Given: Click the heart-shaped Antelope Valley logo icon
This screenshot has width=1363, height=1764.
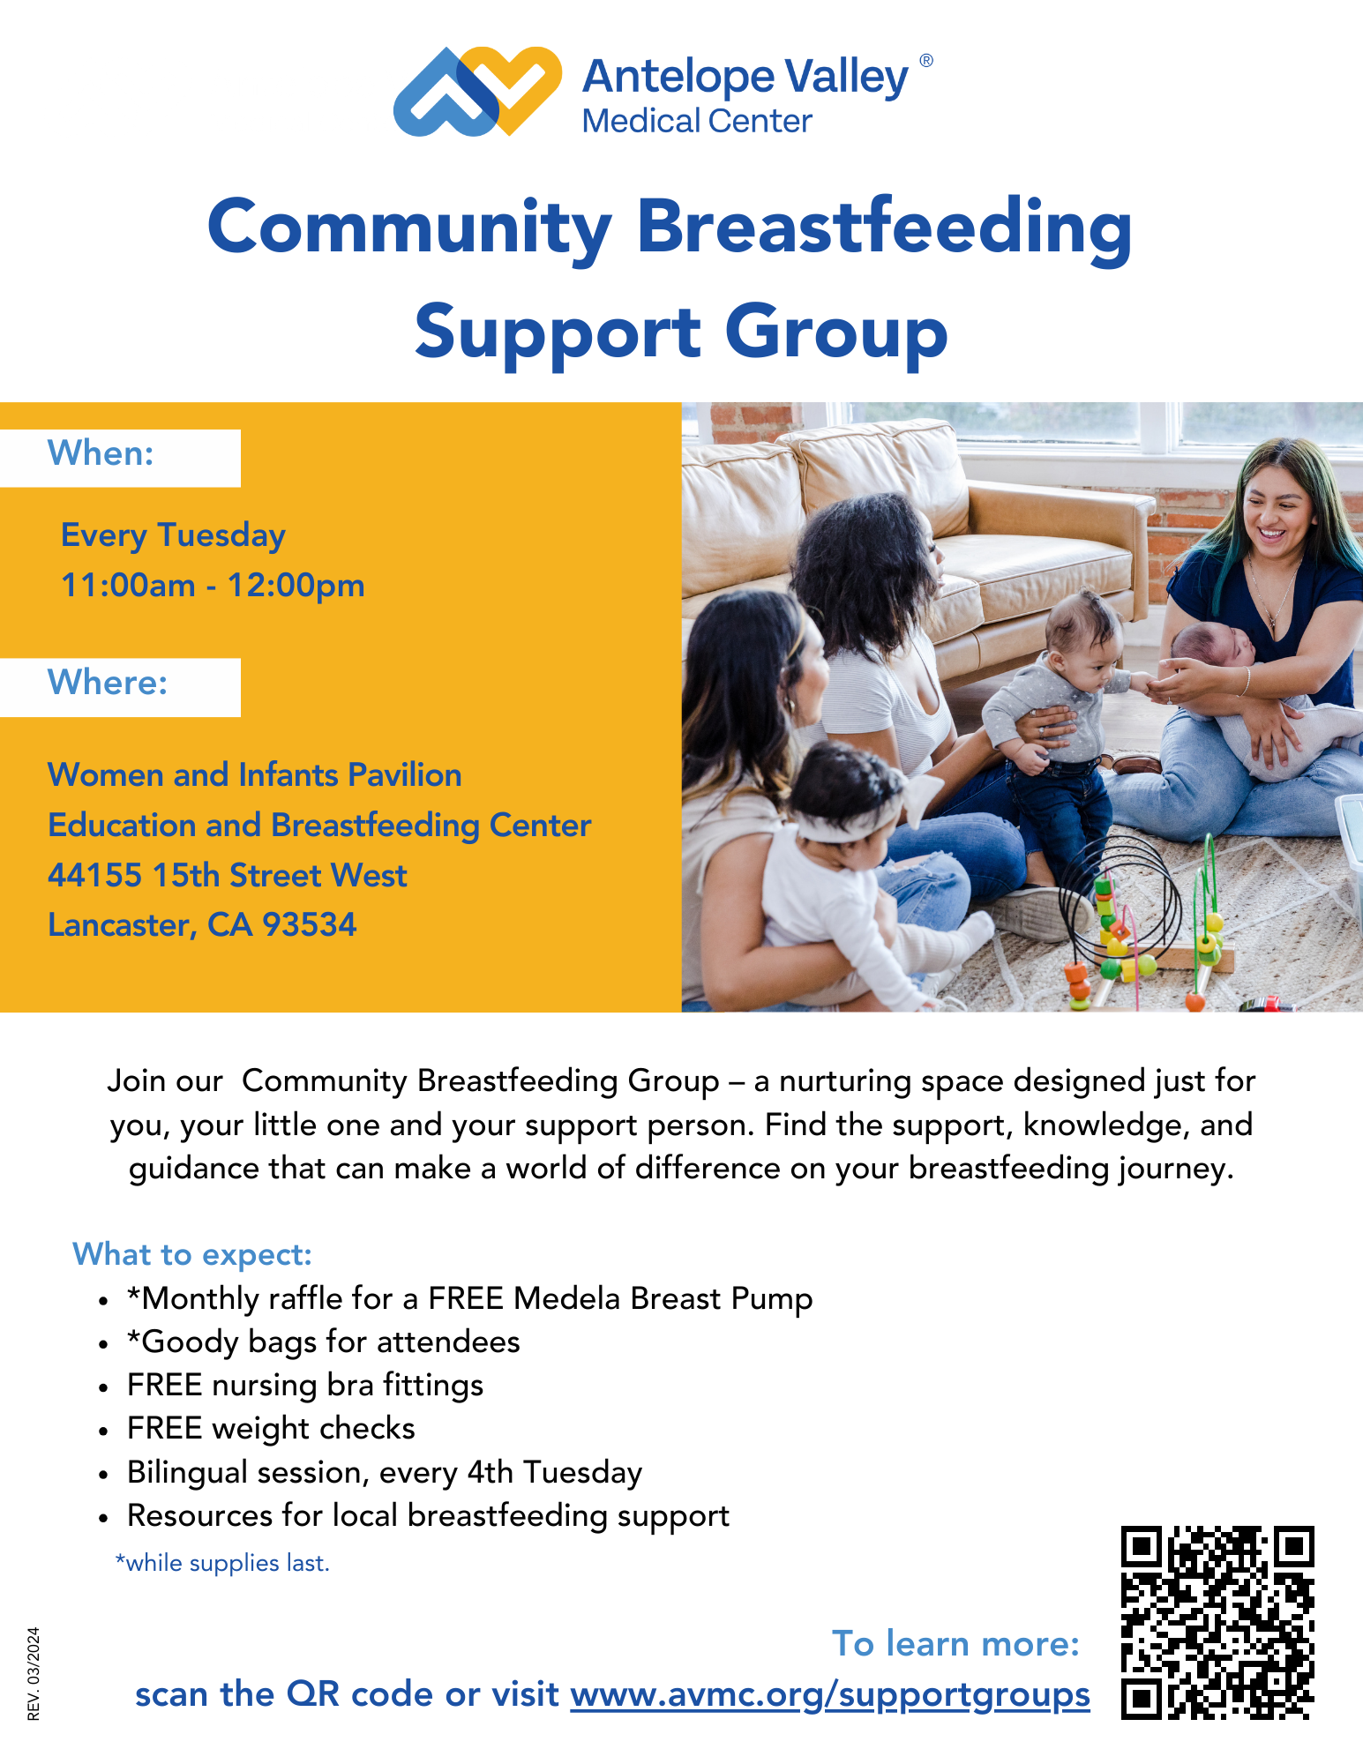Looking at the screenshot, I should tap(477, 91).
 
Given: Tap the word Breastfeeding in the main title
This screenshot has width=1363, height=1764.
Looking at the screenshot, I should tap(884, 228).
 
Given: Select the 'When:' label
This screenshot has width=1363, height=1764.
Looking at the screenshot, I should tap(101, 453).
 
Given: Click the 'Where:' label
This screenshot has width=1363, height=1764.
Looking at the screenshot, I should tap(108, 683).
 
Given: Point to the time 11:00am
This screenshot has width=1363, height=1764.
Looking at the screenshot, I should tap(128, 586).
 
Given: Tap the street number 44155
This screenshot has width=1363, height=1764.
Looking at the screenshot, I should tap(94, 876).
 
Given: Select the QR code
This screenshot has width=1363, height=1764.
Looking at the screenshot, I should tap(1217, 1623).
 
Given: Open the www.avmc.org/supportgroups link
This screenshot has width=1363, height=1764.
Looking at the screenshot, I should tap(829, 1695).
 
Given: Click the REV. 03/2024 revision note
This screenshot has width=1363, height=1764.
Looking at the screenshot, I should tap(34, 1673).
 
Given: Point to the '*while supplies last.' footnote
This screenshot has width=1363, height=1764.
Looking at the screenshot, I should tap(222, 1563).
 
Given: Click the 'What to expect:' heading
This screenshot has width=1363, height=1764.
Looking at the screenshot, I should tap(192, 1254).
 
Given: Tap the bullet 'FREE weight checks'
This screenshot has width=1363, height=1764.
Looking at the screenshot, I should tap(271, 1429).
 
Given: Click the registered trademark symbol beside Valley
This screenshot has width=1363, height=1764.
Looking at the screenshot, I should tap(926, 61).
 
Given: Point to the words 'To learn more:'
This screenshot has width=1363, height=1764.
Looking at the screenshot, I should tap(955, 1644).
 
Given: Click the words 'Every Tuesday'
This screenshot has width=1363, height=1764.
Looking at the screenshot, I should tap(173, 535).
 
